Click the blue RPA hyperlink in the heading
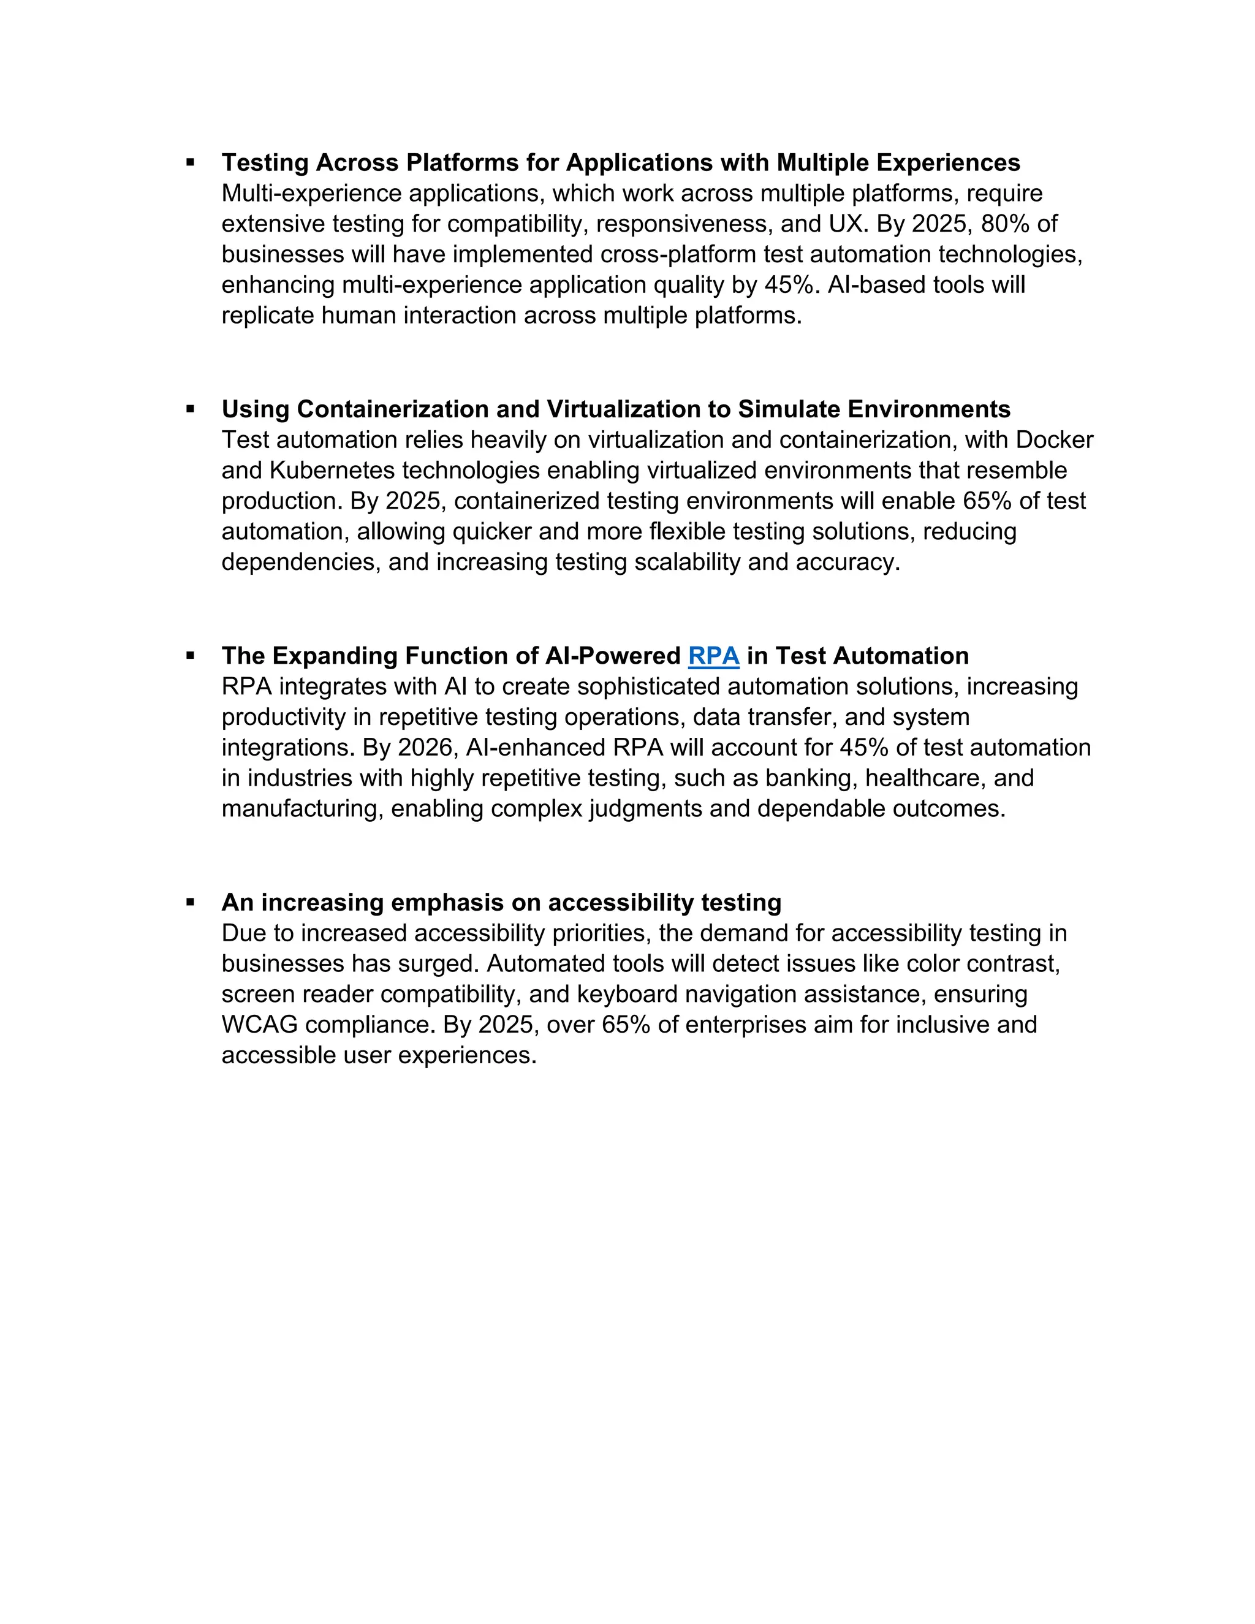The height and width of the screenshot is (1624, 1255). click(x=713, y=656)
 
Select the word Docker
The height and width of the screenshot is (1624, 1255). click(x=1054, y=440)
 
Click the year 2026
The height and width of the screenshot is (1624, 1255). click(x=418, y=747)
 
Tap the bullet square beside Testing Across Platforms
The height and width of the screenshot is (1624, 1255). click(x=191, y=161)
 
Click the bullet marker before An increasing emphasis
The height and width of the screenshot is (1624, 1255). click(x=191, y=902)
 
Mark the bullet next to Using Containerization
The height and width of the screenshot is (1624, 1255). click(x=191, y=408)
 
